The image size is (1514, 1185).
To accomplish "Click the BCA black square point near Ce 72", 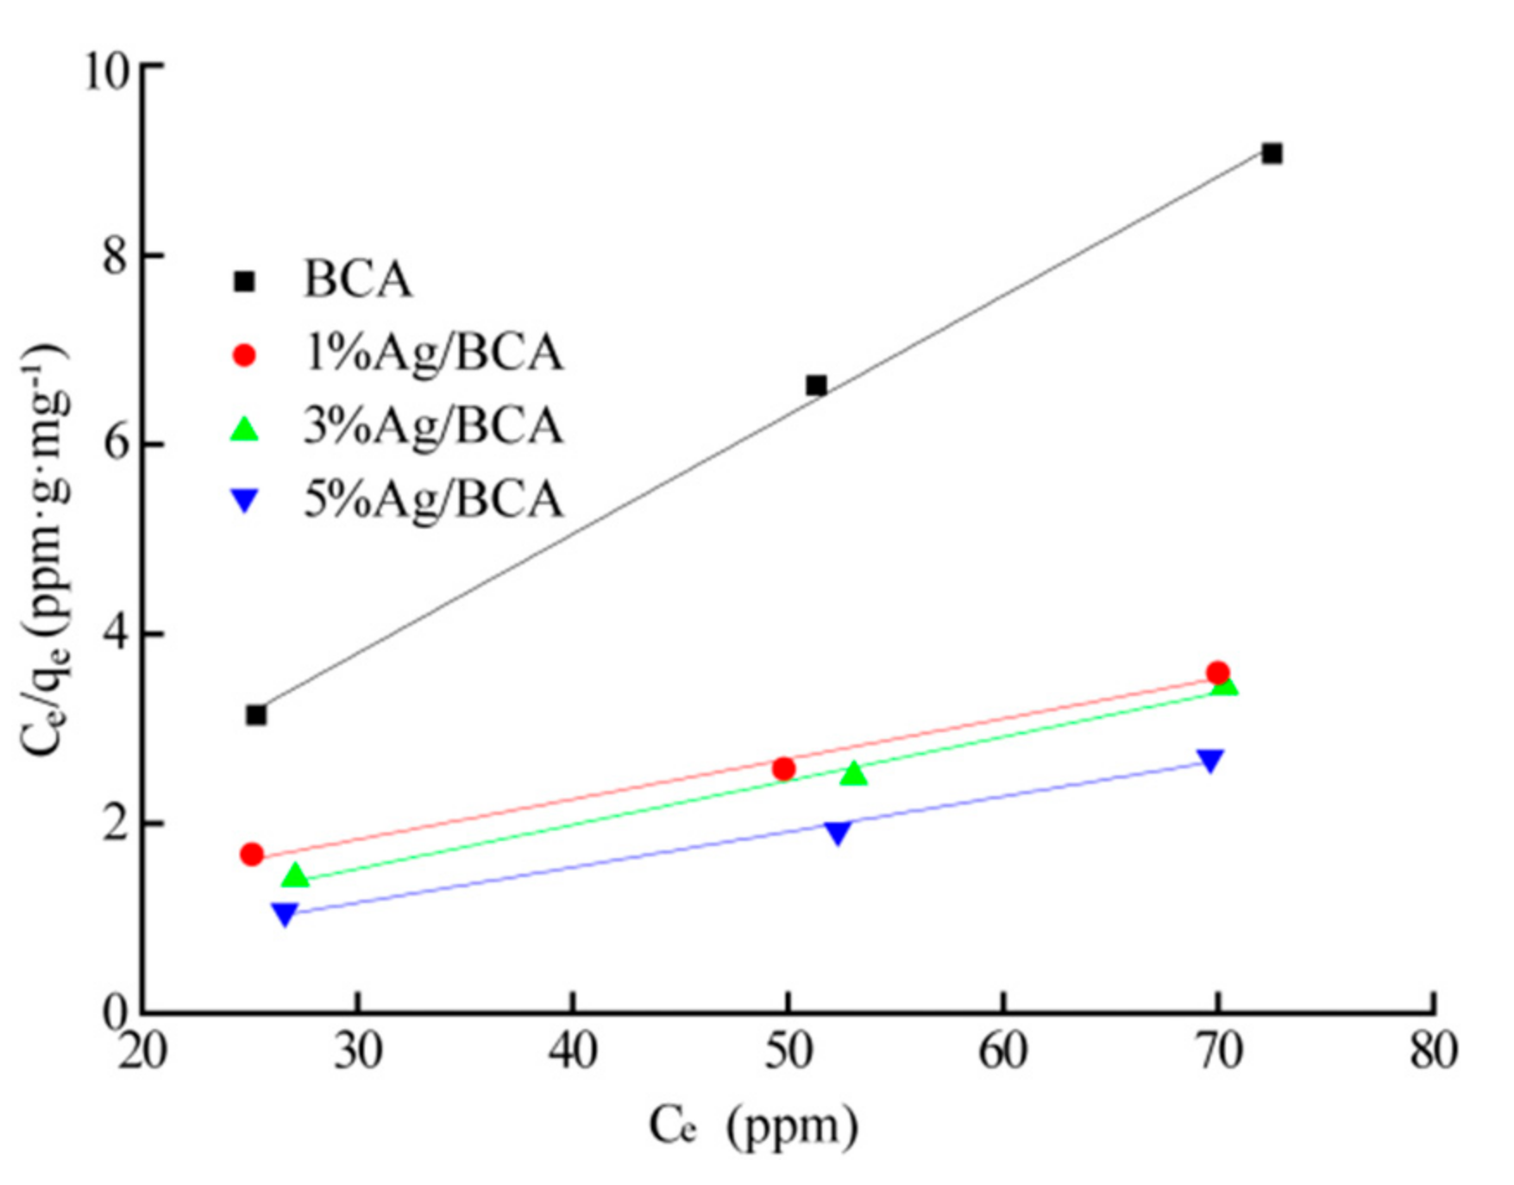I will tap(1272, 154).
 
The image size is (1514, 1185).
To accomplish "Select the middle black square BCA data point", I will tap(816, 385).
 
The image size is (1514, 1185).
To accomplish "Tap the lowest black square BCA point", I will tap(256, 715).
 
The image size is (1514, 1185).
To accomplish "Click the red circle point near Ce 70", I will tap(1218, 672).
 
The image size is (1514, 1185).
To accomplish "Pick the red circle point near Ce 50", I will tap(784, 768).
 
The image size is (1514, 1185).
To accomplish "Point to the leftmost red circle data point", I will tap(252, 854).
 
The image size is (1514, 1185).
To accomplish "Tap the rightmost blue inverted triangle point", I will tap(1210, 760).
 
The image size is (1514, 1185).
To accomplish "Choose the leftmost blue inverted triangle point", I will tap(285, 913).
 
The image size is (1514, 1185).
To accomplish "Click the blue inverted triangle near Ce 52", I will tap(838, 832).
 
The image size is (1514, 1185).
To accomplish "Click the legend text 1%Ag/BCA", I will tap(433, 354).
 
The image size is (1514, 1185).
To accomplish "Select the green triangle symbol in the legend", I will tap(245, 429).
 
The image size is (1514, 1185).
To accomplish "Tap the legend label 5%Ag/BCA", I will tap(433, 500).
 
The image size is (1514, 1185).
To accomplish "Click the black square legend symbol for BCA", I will tap(245, 281).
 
